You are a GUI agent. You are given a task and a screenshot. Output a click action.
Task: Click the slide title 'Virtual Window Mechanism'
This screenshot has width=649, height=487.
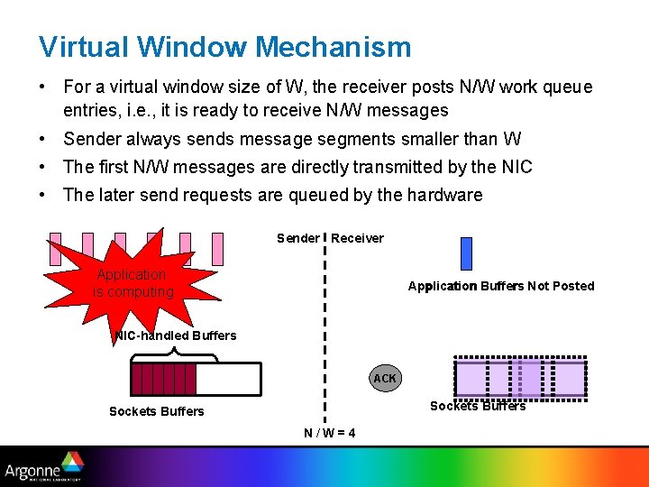coord(224,47)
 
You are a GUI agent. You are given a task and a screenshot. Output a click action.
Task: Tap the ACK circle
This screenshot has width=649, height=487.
coord(385,378)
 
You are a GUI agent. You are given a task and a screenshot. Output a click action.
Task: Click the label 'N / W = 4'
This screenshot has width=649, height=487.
coord(329,433)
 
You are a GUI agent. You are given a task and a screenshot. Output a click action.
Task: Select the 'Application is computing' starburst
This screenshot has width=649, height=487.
coord(133,282)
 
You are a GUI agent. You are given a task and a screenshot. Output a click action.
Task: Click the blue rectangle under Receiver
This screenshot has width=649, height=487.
coord(466,253)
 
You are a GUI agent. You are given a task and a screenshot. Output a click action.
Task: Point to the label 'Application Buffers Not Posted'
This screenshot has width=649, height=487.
coord(500,286)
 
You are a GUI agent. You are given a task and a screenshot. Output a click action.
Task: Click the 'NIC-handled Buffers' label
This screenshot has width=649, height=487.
coord(176,335)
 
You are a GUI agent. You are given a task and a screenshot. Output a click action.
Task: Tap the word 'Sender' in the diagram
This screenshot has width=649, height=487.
coord(297,238)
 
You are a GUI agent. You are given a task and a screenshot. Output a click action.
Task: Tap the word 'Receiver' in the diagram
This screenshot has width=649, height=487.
coord(357,238)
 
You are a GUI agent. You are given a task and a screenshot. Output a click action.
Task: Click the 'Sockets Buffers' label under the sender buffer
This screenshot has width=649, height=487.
coord(156,411)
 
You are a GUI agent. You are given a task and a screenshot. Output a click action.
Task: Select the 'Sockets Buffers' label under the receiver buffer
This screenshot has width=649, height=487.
coord(478,406)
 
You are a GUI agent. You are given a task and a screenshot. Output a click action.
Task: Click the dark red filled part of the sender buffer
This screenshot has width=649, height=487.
coord(163,379)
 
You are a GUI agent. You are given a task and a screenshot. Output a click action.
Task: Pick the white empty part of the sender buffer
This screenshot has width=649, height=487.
coord(228,379)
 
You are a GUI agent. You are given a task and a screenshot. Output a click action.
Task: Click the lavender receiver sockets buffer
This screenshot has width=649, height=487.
coord(520,378)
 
